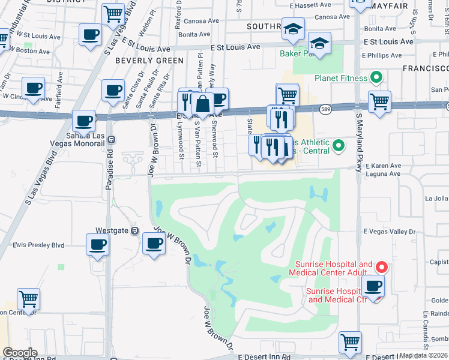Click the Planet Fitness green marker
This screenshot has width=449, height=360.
tap(377, 77)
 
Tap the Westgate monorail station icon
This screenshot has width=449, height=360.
tap(134, 230)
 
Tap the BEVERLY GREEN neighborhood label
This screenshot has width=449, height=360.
tap(149, 61)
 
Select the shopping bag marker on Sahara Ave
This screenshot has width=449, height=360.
tap(203, 104)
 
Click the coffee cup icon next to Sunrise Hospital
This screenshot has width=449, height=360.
tap(373, 286)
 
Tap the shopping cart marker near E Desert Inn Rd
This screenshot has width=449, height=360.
tap(350, 343)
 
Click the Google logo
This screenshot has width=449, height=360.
tap(19, 353)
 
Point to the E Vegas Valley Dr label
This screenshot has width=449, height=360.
tap(390, 231)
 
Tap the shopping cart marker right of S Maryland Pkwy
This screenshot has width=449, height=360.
tap(379, 103)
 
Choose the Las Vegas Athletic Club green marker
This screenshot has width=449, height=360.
tap(339, 145)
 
